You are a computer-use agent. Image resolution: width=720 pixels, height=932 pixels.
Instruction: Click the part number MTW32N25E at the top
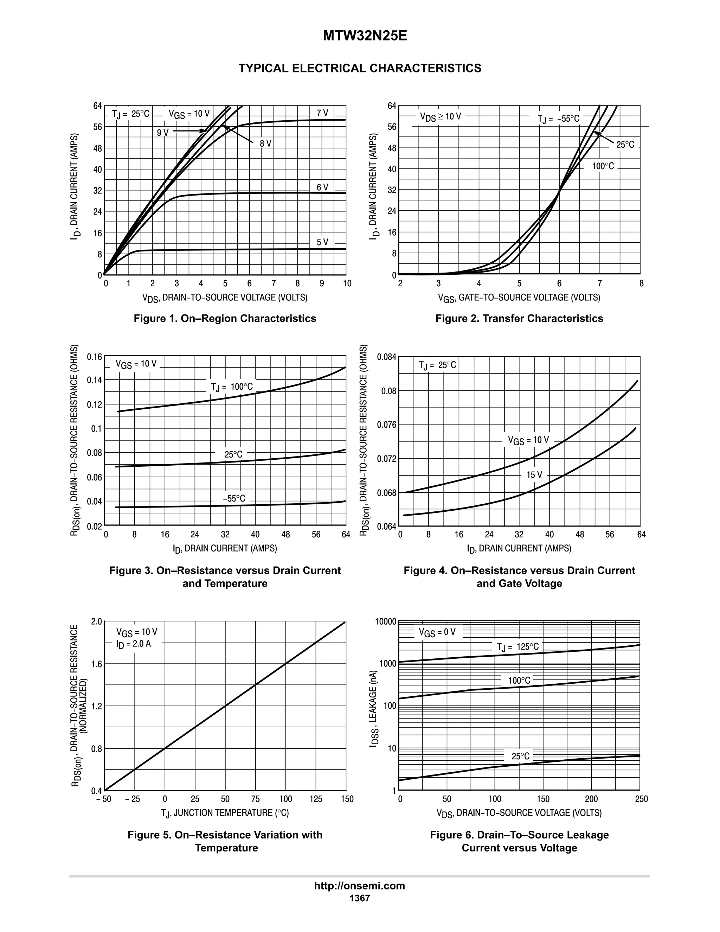pyautogui.click(x=365, y=36)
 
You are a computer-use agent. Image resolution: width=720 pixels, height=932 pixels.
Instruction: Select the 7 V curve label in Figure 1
pyautogui.click(x=322, y=113)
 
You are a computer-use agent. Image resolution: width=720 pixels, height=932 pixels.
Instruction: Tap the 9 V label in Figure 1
pyautogui.click(x=162, y=133)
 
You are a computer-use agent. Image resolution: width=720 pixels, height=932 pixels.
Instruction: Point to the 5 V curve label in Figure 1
pyautogui.click(x=322, y=242)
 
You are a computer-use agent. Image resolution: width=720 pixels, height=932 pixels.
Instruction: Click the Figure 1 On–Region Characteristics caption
pyautogui.click(x=225, y=318)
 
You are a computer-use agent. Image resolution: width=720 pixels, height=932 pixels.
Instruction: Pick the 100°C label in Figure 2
pyautogui.click(x=603, y=166)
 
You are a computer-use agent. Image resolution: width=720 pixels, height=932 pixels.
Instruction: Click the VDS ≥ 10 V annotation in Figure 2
pyautogui.click(x=440, y=116)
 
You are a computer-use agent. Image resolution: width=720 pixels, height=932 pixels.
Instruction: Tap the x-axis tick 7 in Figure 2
pyautogui.click(x=599, y=283)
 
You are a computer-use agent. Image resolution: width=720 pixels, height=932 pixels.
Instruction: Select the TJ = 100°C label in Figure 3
pyautogui.click(x=232, y=387)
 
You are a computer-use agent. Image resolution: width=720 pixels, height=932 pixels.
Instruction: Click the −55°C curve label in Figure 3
pyautogui.click(x=234, y=498)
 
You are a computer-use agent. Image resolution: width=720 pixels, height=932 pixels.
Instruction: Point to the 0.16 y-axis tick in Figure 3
pyautogui.click(x=94, y=357)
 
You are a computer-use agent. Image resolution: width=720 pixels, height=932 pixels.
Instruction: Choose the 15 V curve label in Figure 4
pyautogui.click(x=534, y=474)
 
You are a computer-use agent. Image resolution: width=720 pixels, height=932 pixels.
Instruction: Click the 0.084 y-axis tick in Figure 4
pyautogui.click(x=386, y=357)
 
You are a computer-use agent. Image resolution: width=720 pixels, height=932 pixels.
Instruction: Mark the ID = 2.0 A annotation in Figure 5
pyautogui.click(x=134, y=644)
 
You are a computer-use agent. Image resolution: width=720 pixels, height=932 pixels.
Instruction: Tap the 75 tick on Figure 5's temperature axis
pyautogui.click(x=255, y=799)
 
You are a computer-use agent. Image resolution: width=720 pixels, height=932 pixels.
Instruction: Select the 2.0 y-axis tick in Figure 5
pyautogui.click(x=97, y=621)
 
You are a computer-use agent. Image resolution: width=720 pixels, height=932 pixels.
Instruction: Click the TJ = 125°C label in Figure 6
pyautogui.click(x=518, y=646)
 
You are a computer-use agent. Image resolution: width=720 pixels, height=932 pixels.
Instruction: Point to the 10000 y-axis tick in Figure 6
pyautogui.click(x=386, y=621)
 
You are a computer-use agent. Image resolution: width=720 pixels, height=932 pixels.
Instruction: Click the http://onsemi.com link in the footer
pyautogui.click(x=359, y=886)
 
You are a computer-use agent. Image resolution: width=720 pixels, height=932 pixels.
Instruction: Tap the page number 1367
pyautogui.click(x=359, y=898)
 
